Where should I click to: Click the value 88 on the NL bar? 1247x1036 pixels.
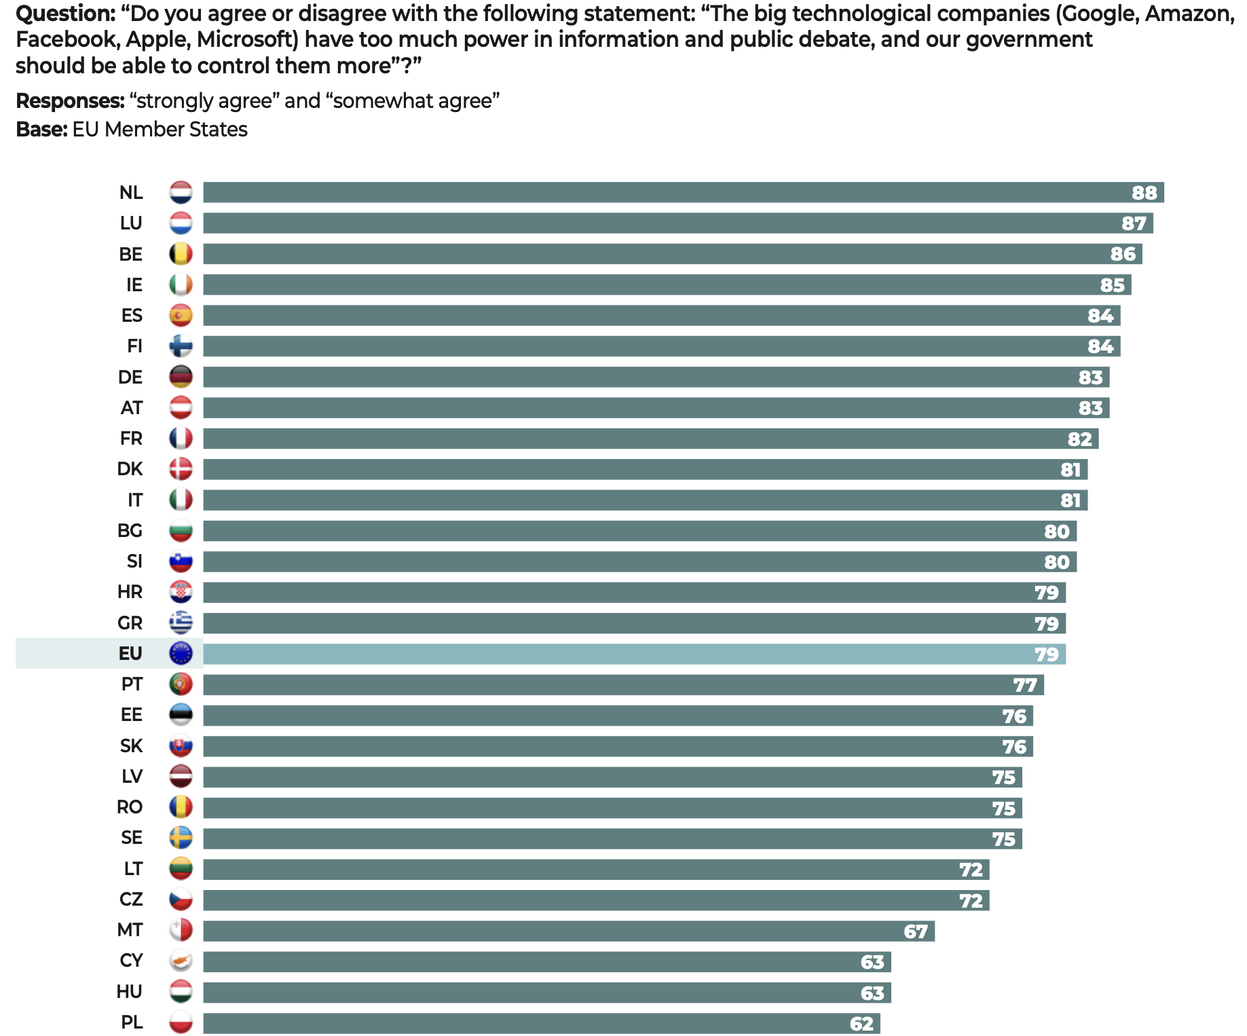[1144, 193]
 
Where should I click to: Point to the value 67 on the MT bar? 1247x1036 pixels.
[915, 931]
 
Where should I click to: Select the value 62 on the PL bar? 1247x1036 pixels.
[861, 1024]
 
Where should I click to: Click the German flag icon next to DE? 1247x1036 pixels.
[181, 377]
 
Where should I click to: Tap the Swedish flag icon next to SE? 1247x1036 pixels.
[181, 838]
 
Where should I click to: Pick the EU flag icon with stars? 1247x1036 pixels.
[181, 653]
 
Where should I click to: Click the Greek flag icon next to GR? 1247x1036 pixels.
[181, 623]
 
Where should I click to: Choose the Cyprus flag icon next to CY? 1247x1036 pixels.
[181, 961]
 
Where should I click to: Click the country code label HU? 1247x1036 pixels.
[129, 992]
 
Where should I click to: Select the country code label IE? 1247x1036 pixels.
[134, 285]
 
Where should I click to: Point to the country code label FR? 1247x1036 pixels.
[131, 439]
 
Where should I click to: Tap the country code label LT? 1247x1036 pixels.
[133, 869]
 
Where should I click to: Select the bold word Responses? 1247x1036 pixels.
[70, 101]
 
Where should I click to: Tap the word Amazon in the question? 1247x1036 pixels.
[1189, 14]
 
